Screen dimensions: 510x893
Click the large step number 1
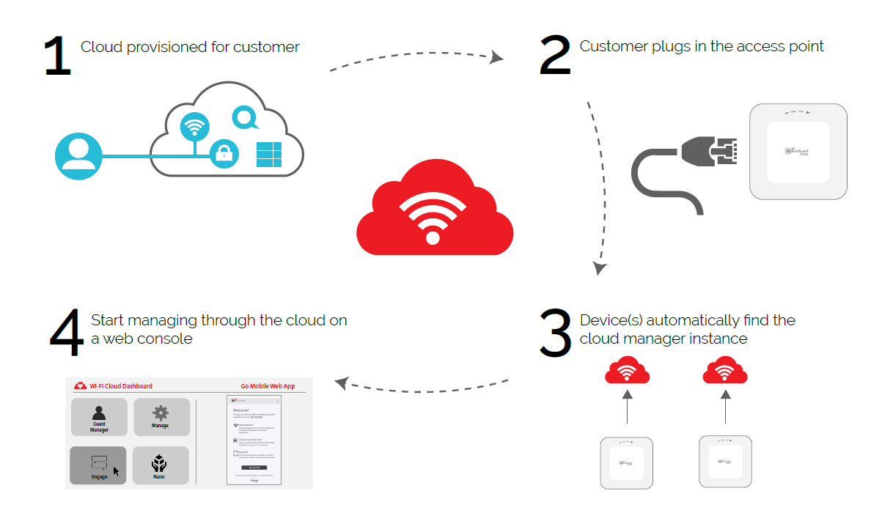(x=57, y=56)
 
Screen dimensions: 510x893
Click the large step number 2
(x=554, y=56)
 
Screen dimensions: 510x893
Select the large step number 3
(x=554, y=333)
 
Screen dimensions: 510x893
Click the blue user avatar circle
(x=78, y=156)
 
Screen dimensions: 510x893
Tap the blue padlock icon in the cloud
(x=224, y=154)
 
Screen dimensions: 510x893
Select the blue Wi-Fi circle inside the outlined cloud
(x=194, y=127)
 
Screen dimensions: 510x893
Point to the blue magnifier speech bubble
(x=245, y=117)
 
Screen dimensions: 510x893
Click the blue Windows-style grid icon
(x=268, y=155)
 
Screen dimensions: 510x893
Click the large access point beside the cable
(x=798, y=152)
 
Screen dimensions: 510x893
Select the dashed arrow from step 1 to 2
(x=416, y=59)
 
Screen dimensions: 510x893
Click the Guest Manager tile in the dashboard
(x=99, y=417)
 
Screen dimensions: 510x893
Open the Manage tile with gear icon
(x=161, y=417)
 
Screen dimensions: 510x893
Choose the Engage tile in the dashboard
(x=98, y=465)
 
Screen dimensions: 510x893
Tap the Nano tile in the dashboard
(x=161, y=465)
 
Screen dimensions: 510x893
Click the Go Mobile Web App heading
(x=268, y=386)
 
